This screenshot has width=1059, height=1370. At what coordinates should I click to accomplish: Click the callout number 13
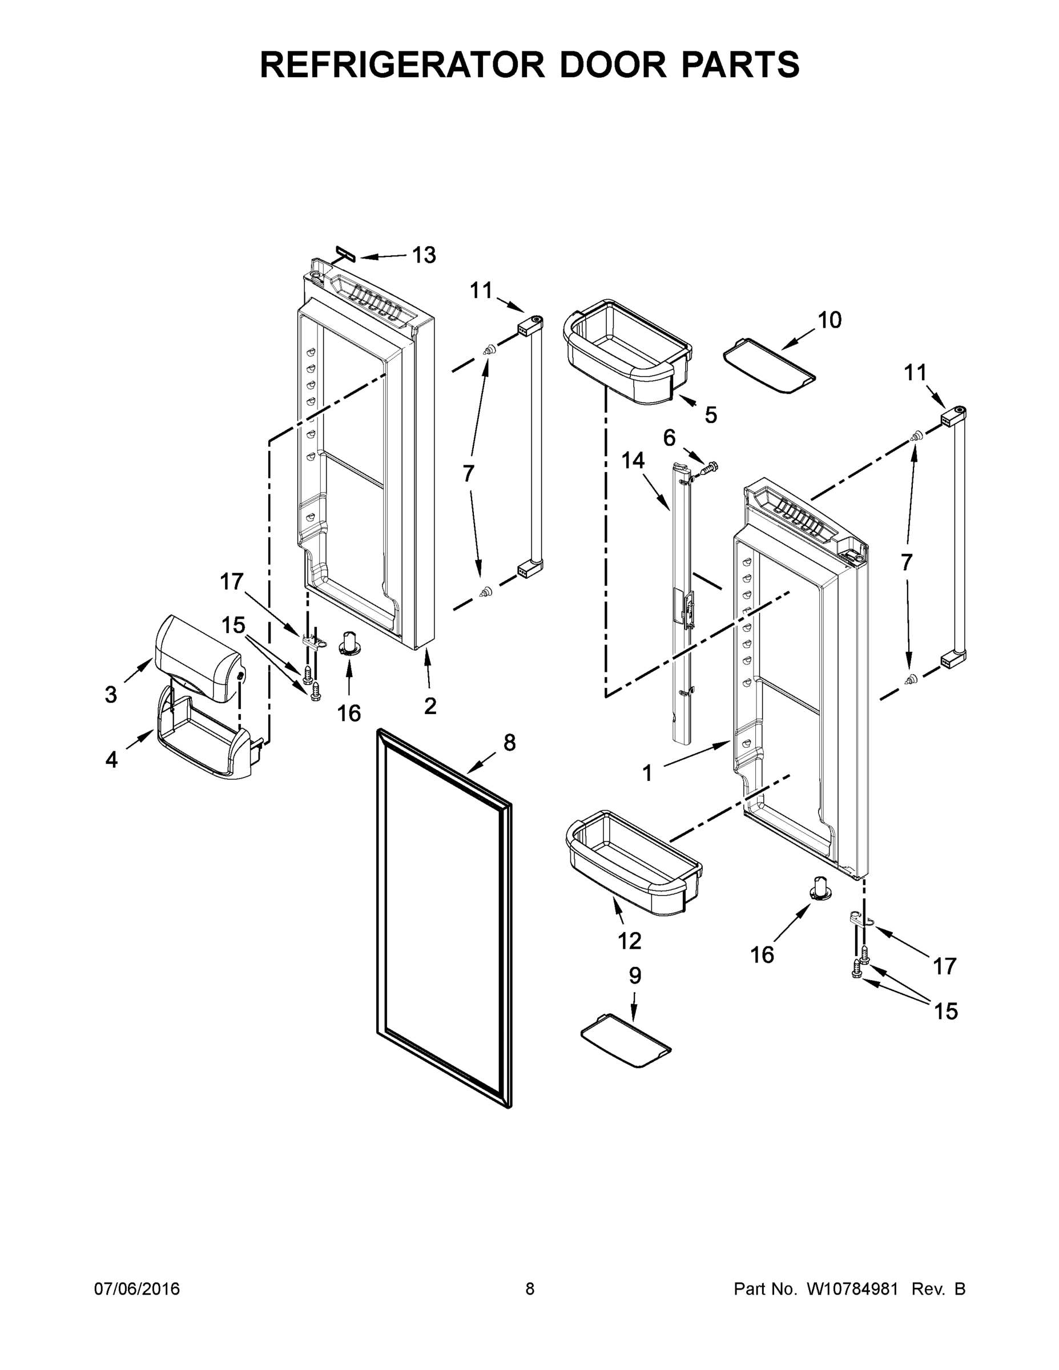click(x=424, y=255)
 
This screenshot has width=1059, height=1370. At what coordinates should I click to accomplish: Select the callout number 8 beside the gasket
click(x=509, y=743)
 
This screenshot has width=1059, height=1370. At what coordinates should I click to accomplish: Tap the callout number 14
click(x=633, y=461)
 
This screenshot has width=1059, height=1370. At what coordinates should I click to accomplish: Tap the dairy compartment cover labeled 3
click(x=198, y=659)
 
